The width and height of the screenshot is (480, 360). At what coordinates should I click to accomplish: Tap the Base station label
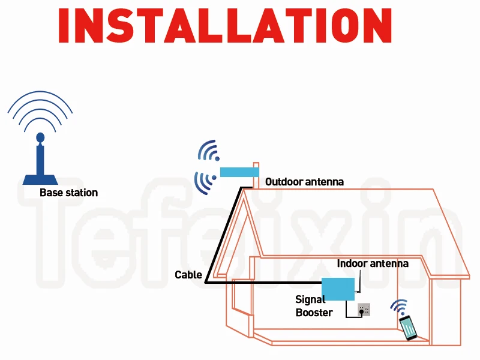point(68,193)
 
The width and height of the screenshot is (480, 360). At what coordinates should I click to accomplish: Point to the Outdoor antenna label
point(304,181)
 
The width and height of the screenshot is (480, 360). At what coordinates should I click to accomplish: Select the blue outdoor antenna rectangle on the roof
point(239,172)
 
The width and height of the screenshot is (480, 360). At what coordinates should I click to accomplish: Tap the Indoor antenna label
point(372,263)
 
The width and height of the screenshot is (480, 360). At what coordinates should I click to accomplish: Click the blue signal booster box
point(338,289)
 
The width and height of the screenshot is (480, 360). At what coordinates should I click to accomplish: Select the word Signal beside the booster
point(310,299)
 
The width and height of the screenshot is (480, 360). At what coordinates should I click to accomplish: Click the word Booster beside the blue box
point(314,312)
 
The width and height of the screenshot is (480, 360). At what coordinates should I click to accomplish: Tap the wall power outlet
point(364,309)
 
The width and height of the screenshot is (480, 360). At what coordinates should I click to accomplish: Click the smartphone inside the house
point(409,327)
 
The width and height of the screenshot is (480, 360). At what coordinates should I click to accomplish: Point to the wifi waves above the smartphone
point(398,307)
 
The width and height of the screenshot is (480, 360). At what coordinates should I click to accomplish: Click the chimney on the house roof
point(256,174)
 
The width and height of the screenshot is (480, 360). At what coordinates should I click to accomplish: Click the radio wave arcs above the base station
point(40,111)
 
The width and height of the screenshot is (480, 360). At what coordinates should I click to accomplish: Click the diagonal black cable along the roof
point(223,234)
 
